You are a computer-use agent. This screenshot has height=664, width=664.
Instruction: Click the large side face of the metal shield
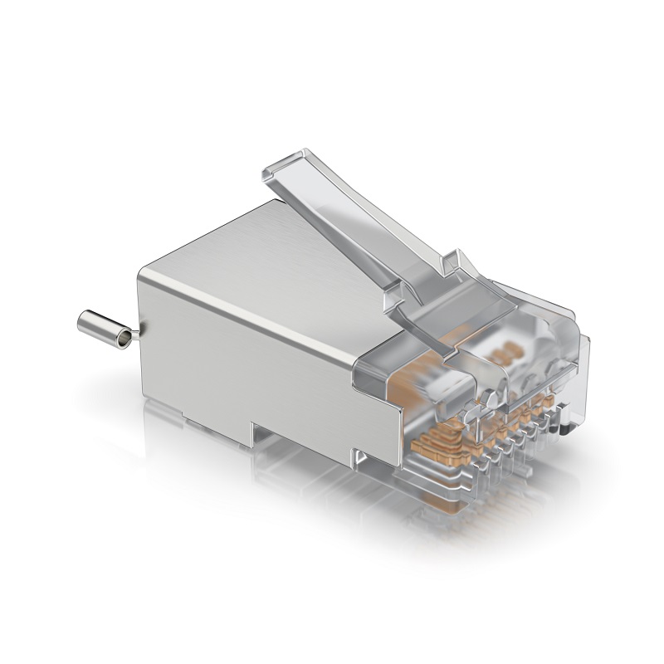click(249, 357)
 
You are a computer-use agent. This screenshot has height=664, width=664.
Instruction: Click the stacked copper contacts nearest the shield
click(432, 444)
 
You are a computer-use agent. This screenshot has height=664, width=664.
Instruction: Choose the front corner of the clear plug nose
click(581, 340)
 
